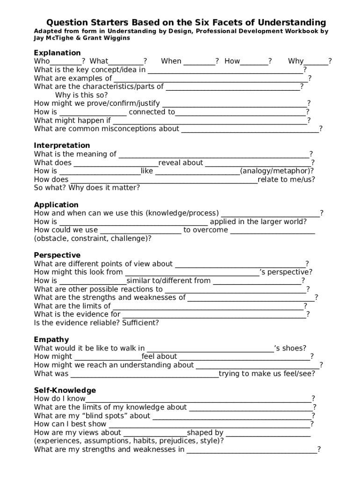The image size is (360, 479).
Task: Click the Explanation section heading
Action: [x=57, y=53]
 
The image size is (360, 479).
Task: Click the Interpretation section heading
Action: [x=62, y=145]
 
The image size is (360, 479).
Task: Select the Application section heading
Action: [x=56, y=205]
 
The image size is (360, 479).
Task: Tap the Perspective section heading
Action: [x=57, y=255]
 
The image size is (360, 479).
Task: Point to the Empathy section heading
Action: [x=51, y=340]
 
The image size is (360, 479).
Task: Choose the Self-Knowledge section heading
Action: [x=65, y=391]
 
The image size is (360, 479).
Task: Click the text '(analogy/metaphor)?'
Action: [x=277, y=171]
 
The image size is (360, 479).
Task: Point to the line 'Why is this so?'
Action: [x=81, y=95]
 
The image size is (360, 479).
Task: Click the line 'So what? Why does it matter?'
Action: [x=87, y=188]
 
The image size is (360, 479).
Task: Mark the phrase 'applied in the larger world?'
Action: [x=258, y=222]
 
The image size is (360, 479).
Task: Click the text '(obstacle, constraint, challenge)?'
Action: [x=93, y=239]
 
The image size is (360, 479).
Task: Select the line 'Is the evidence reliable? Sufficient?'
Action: [x=96, y=323]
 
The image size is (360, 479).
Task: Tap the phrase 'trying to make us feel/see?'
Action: [x=266, y=374]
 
